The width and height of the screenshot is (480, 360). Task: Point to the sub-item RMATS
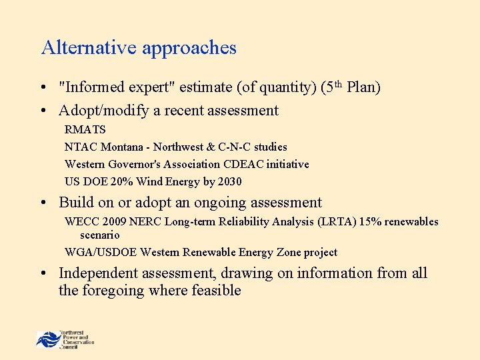coord(85,129)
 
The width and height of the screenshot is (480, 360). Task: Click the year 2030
coord(229,181)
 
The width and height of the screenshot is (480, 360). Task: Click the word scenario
coord(100,235)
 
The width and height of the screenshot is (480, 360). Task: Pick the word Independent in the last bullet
coord(99,273)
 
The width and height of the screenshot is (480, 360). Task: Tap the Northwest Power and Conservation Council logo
coord(65,338)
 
